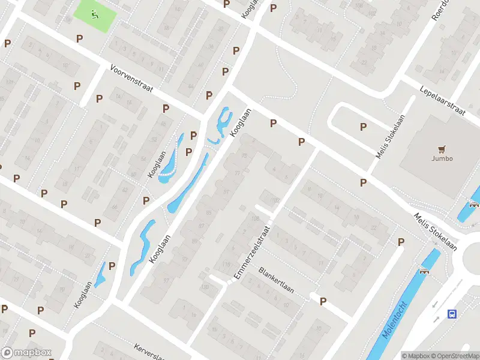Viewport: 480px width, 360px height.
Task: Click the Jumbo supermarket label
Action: tap(442, 159)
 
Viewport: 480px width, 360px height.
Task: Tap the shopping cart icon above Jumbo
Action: tap(442, 149)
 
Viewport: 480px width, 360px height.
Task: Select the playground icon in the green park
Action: tap(92, 14)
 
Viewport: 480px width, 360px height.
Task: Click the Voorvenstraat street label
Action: tap(131, 79)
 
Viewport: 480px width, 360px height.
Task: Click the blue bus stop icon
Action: tap(452, 313)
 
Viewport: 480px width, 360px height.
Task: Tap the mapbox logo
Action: tap(26, 353)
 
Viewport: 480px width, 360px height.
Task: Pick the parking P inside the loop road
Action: tap(363, 127)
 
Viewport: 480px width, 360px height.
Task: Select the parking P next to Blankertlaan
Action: tap(323, 301)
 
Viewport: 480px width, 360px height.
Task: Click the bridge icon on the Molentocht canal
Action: tap(425, 271)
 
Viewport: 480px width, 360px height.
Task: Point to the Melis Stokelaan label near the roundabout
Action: tap(435, 232)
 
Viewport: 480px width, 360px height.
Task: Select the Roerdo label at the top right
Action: tap(441, 10)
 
